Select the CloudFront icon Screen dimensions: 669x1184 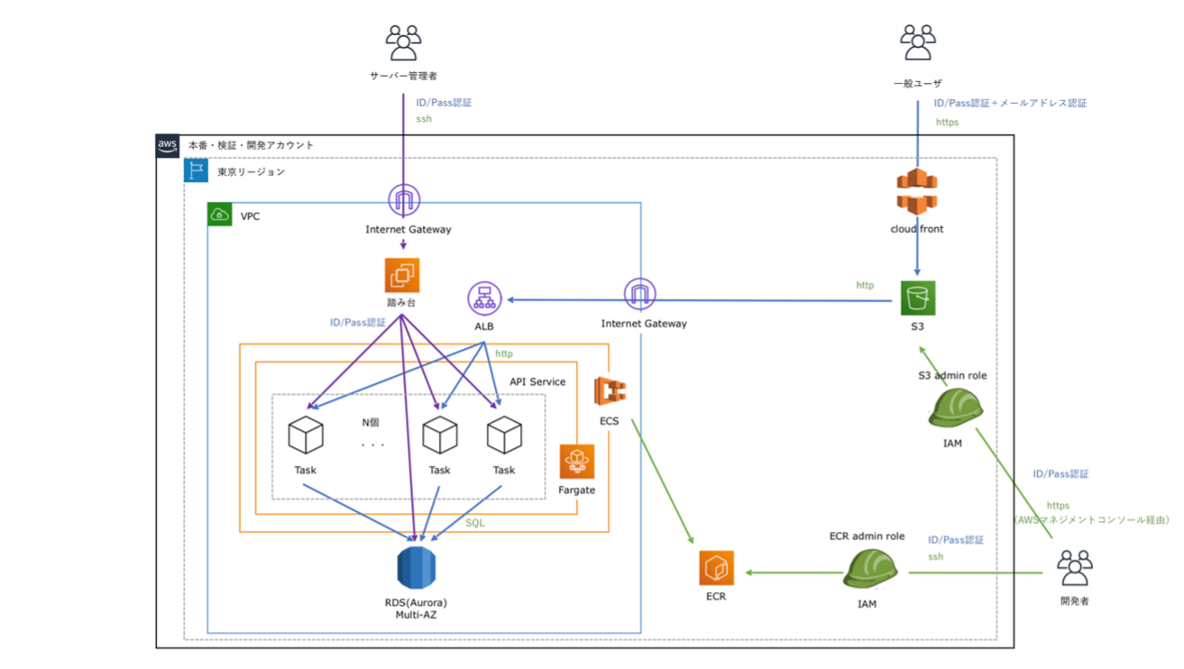click(x=917, y=192)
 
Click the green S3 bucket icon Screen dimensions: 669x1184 click(x=917, y=298)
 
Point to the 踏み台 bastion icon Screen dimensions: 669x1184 click(x=402, y=275)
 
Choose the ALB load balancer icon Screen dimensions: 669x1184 click(x=484, y=298)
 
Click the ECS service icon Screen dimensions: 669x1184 click(x=610, y=391)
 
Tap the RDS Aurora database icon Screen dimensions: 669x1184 click(x=416, y=567)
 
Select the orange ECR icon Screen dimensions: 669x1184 click(x=716, y=568)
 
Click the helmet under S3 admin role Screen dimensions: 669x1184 click(x=954, y=408)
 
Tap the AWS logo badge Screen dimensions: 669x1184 click(x=168, y=146)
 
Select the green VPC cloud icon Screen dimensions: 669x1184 click(x=220, y=215)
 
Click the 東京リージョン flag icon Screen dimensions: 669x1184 click(x=197, y=170)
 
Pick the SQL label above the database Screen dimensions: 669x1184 click(x=474, y=523)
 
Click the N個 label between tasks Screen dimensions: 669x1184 click(x=371, y=422)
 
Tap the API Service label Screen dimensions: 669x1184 click(x=537, y=381)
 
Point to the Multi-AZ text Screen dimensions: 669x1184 click(x=416, y=614)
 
